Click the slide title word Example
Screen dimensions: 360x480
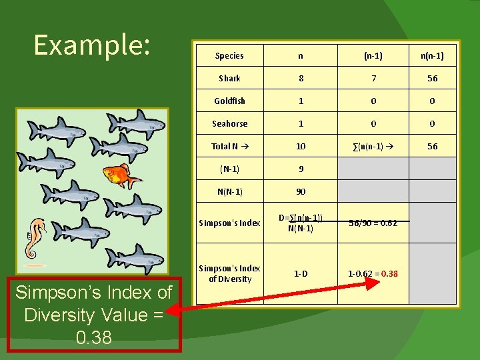[x=92, y=45]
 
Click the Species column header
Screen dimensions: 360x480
[x=229, y=56]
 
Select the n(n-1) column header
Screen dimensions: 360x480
[x=432, y=56]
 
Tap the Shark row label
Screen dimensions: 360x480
[x=229, y=79]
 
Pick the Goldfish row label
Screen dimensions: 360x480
[x=229, y=101]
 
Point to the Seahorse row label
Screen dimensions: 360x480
[x=229, y=124]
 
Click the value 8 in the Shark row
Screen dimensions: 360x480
[x=301, y=79]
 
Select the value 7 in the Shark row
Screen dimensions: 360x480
[x=373, y=79]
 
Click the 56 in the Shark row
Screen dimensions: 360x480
[x=432, y=79]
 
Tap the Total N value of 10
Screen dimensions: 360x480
[x=301, y=147]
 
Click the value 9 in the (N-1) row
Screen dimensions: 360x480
[x=301, y=169]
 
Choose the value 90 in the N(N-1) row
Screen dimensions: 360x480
[x=301, y=192]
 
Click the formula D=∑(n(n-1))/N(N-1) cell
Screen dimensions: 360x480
[x=301, y=223]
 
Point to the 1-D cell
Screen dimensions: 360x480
[x=301, y=274]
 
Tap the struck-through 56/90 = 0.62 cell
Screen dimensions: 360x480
[x=373, y=223]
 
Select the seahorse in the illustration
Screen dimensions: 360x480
[x=34, y=238]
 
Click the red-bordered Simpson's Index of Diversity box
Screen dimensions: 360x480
[x=94, y=315]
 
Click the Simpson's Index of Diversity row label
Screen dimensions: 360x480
[x=229, y=274]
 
